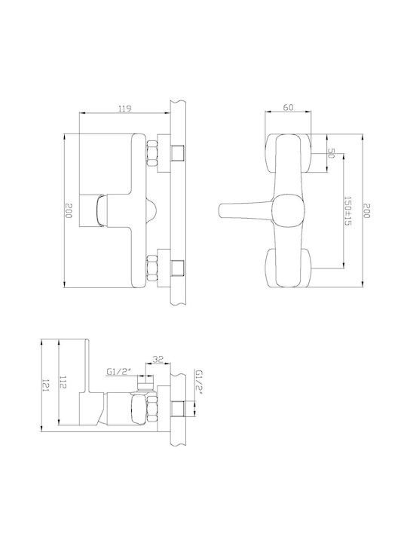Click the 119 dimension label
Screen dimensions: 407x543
[124, 109]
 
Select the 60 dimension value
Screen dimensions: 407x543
[288, 107]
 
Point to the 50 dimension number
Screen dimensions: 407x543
[331, 152]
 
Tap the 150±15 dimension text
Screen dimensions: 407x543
[347, 211]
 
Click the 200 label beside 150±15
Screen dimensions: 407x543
[366, 211]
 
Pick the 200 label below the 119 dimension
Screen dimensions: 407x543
[69, 211]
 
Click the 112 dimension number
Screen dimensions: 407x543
[63, 382]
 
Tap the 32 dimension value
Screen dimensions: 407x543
[158, 359]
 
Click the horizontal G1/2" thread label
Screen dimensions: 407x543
[119, 373]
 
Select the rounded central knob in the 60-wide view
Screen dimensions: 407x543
[288, 211]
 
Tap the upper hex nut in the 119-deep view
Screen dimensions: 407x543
[152, 153]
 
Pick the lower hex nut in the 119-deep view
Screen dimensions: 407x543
[152, 268]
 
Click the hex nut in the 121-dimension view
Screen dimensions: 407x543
[152, 410]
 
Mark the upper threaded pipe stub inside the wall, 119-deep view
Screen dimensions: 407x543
[178, 153]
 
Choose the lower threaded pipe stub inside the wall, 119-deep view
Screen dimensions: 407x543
[178, 268]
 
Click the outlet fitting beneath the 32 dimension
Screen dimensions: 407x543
[145, 384]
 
